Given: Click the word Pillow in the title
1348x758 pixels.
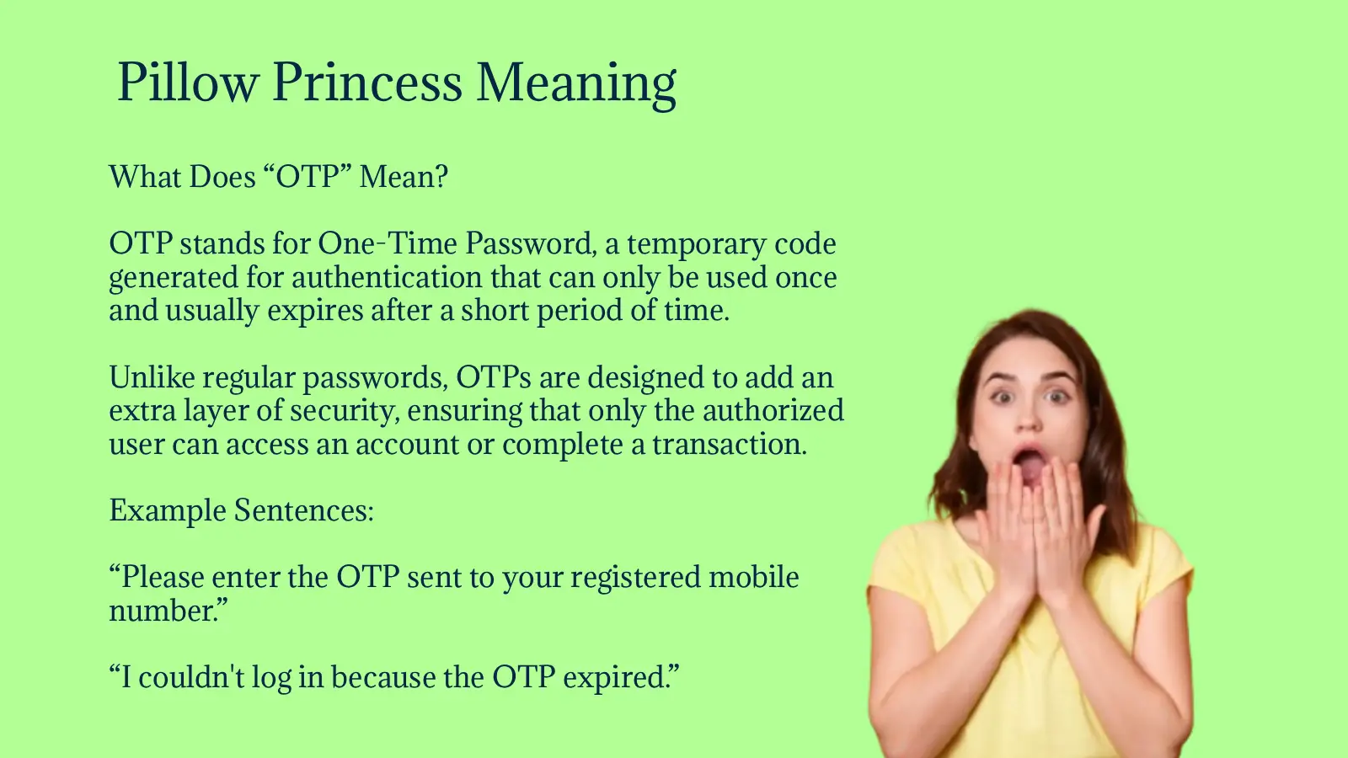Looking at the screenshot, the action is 188,82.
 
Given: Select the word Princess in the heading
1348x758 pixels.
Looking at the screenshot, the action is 367,82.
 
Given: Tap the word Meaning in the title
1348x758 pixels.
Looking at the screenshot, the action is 576,85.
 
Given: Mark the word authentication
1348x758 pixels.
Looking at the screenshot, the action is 387,277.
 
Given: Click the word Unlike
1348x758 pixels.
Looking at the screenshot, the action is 152,377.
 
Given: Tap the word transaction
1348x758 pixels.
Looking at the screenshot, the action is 730,445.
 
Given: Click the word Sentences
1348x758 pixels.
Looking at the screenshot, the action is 304,510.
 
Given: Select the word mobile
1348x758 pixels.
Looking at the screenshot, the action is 753,577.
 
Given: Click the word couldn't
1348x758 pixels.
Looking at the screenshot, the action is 191,677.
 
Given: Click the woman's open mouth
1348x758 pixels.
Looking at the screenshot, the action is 1029,465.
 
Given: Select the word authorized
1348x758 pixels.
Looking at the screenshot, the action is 773,411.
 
